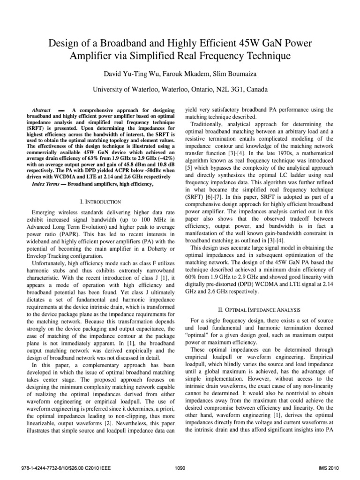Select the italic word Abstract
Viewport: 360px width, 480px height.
coord(41,109)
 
